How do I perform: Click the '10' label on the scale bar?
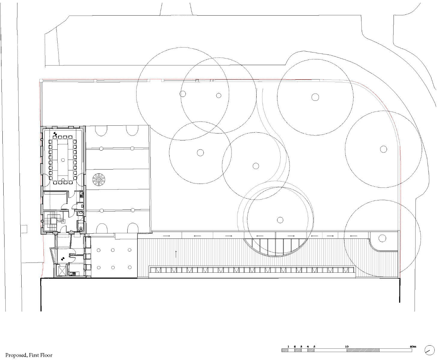tap(347, 346)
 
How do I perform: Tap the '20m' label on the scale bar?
tap(413, 346)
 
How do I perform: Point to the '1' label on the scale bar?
tap(288, 346)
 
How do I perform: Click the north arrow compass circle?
tap(430, 350)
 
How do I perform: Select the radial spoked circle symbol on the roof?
tap(99, 179)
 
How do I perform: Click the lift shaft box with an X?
tap(61, 271)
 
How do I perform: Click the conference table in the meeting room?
tap(63, 159)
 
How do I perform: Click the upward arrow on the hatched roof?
tap(176, 254)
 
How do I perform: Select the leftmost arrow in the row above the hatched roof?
tap(166, 236)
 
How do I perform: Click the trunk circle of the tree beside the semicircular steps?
tap(280, 220)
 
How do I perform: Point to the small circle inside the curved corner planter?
tap(382, 238)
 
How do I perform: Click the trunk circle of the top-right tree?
tap(315, 97)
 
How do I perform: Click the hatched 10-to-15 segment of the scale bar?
tap(363, 350)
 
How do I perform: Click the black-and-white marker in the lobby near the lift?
tap(63, 258)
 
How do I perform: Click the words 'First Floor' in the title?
tap(41, 355)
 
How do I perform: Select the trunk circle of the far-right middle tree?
tap(383, 149)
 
